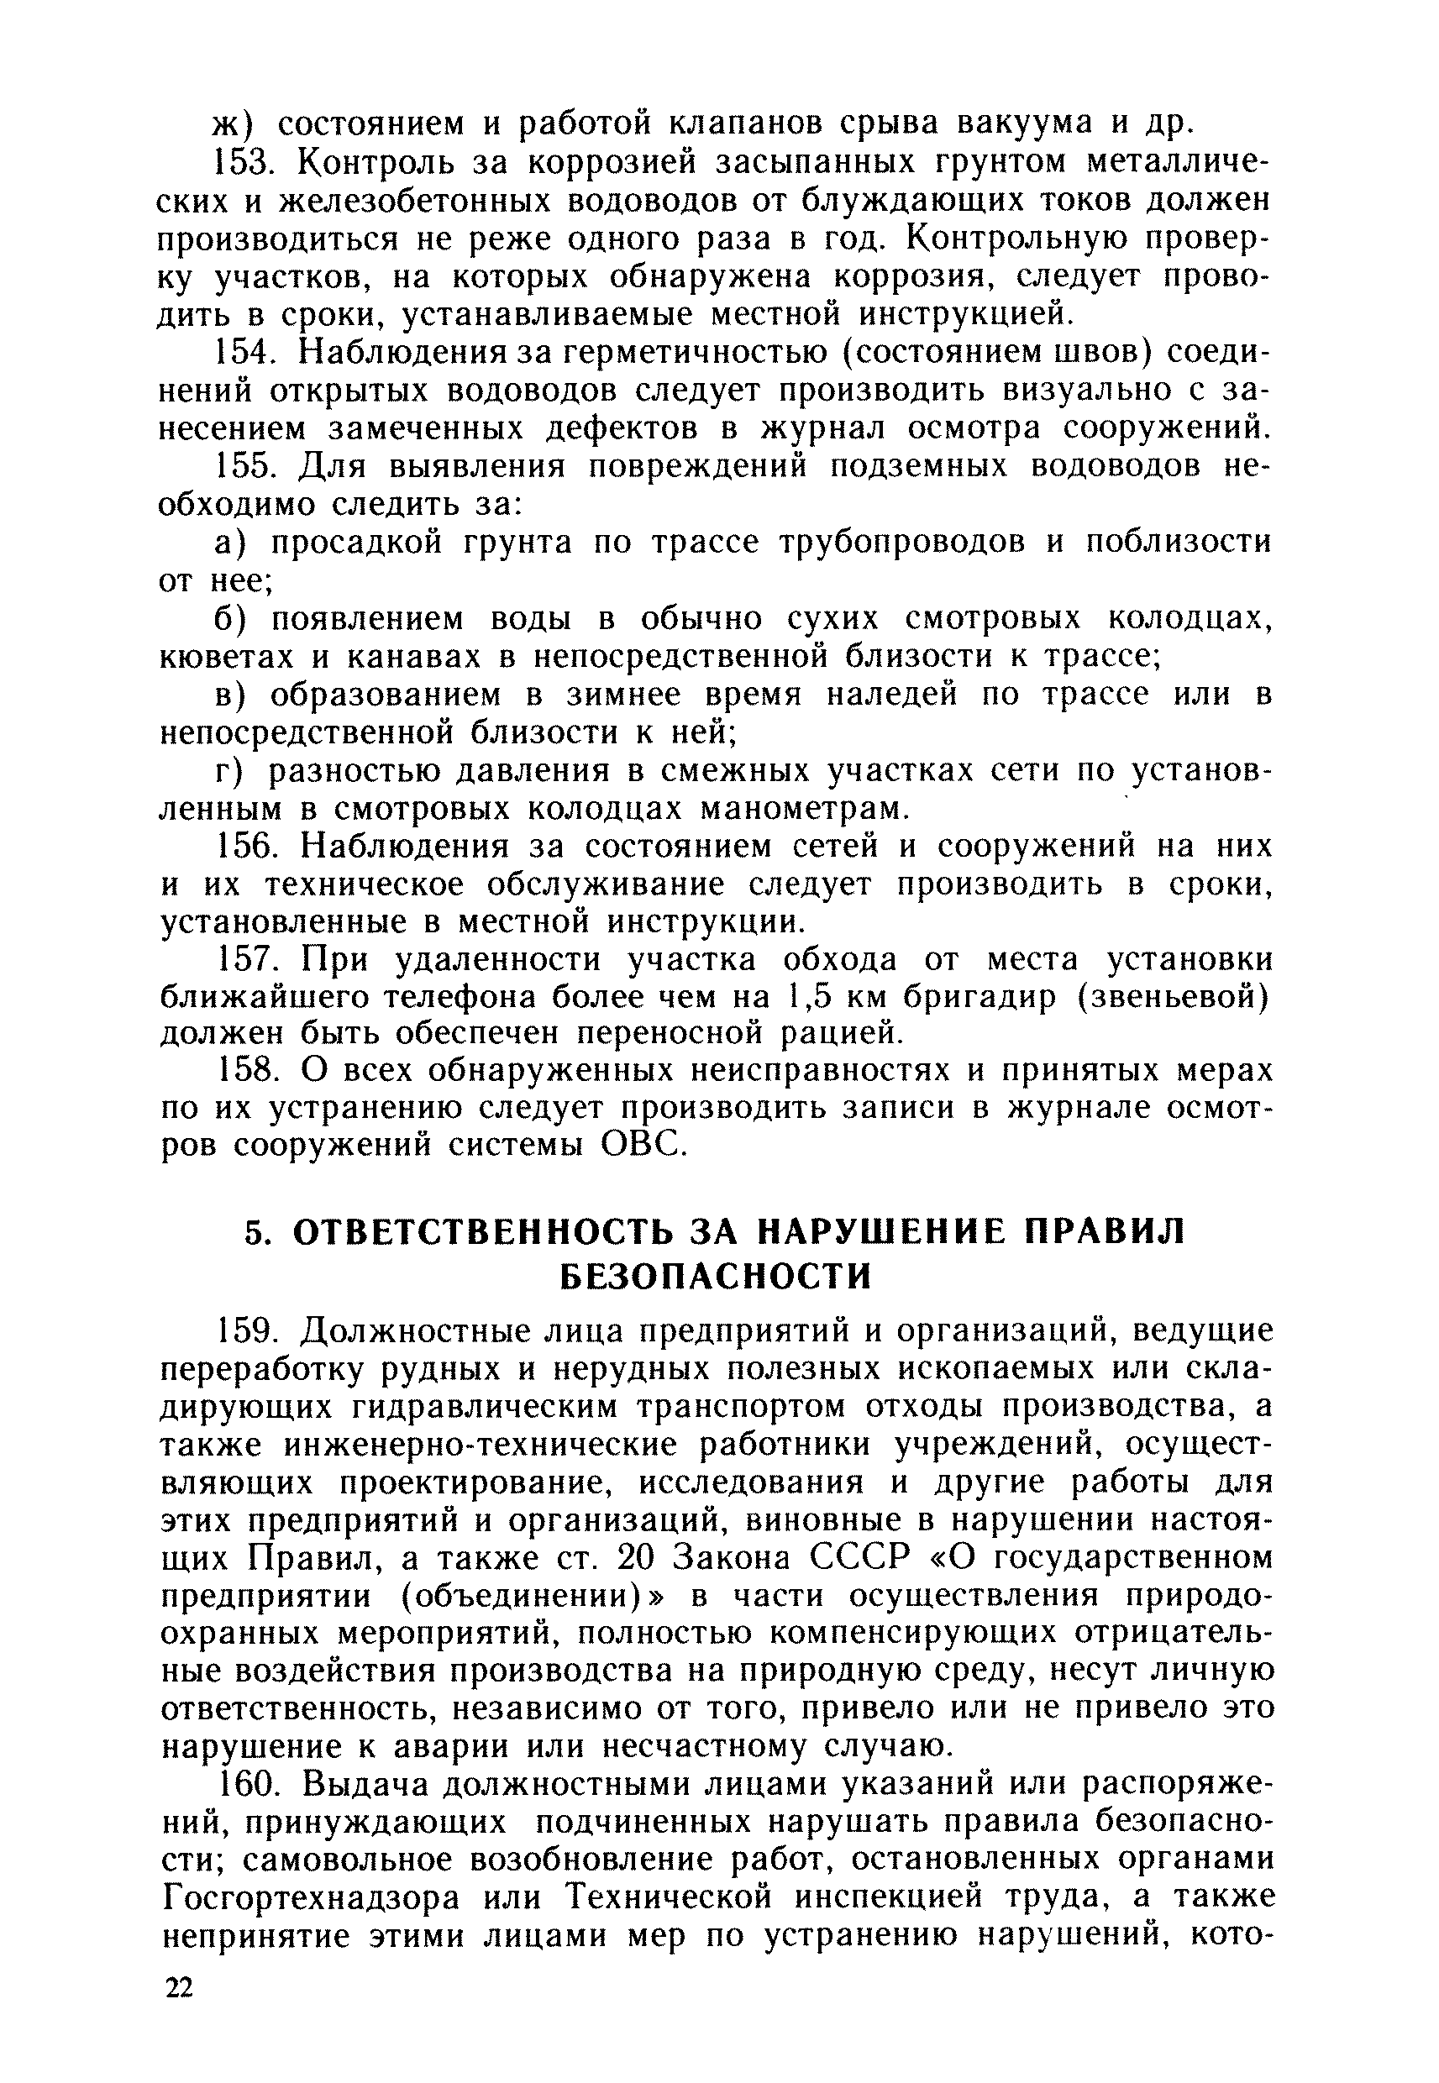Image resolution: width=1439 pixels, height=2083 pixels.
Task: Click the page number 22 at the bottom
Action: point(179,2033)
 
